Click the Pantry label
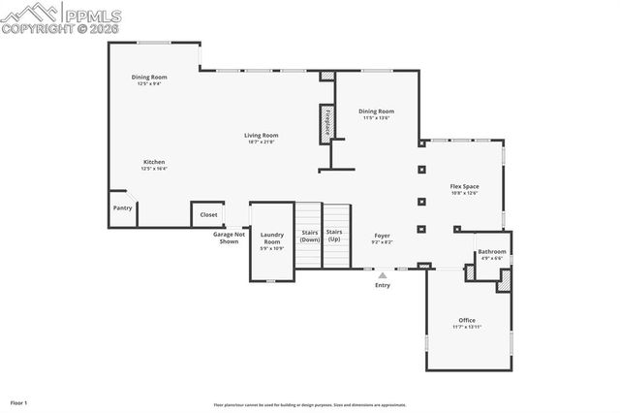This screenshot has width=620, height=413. click(x=122, y=207)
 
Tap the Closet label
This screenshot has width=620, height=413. click(x=208, y=214)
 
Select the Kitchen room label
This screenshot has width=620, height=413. click(x=154, y=162)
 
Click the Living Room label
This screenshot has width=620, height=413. click(x=261, y=136)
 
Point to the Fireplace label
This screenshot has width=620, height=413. click(x=327, y=123)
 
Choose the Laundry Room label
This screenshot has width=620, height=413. click(x=272, y=238)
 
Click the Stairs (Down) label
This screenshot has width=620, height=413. click(x=309, y=236)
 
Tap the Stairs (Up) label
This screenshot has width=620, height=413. click(x=333, y=236)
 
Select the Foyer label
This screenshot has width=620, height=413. click(x=382, y=236)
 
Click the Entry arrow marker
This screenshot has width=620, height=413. click(x=382, y=276)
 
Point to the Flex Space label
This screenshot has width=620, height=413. click(x=464, y=186)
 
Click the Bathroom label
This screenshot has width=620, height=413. click(x=491, y=252)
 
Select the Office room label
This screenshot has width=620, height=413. click(x=467, y=320)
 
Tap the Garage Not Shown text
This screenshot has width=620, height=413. click(x=230, y=238)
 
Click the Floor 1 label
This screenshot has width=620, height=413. click(x=18, y=401)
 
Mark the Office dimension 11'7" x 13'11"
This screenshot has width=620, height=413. click(x=467, y=327)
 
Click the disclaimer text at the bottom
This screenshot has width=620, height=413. click(x=310, y=405)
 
